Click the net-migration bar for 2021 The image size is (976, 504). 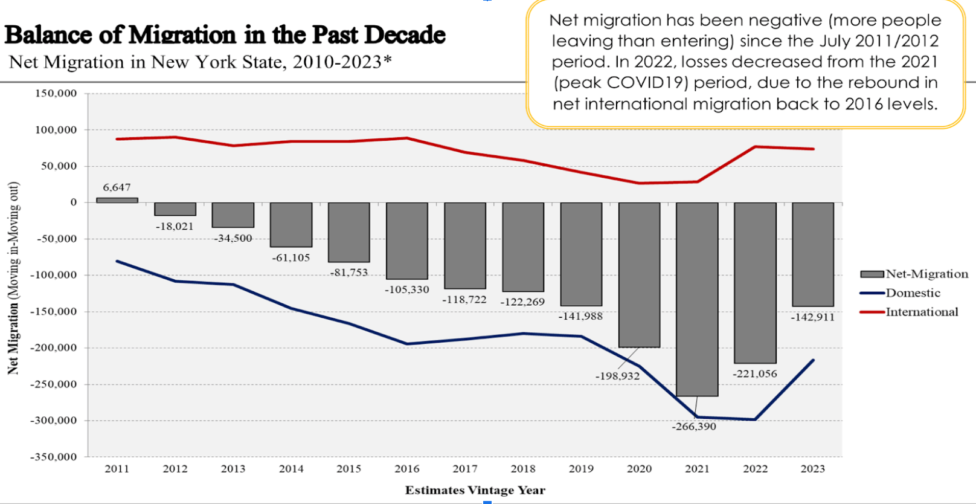point(697,299)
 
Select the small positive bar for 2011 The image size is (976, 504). point(117,200)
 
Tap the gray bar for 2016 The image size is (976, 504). point(407,241)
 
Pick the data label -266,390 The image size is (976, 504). point(694,427)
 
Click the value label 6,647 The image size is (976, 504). point(117,187)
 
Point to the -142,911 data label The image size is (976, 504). point(812,317)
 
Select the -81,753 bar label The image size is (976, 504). point(349,273)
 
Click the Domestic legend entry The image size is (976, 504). point(913,293)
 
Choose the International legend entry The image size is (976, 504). point(922,312)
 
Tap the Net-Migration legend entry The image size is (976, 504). point(926,274)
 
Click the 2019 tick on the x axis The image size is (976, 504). point(581,469)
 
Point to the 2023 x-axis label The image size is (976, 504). point(812,469)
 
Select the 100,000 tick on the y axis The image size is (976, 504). point(56,130)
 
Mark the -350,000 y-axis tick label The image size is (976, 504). point(54,457)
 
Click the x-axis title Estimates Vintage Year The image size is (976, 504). point(475,490)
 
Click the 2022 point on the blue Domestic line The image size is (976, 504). point(755,419)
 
